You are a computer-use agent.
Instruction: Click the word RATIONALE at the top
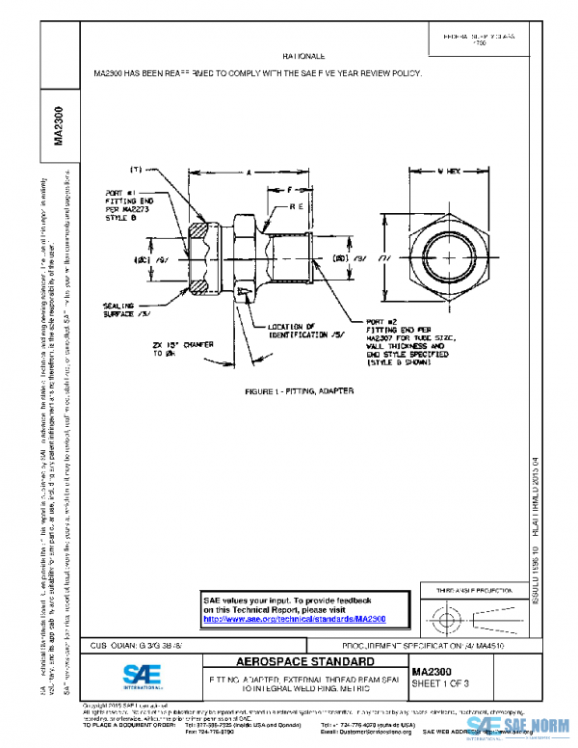pyautogui.click(x=302, y=58)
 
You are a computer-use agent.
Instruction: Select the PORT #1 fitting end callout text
pyautogui.click(x=125, y=204)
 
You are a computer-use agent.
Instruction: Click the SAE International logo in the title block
pyautogui.click(x=144, y=675)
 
